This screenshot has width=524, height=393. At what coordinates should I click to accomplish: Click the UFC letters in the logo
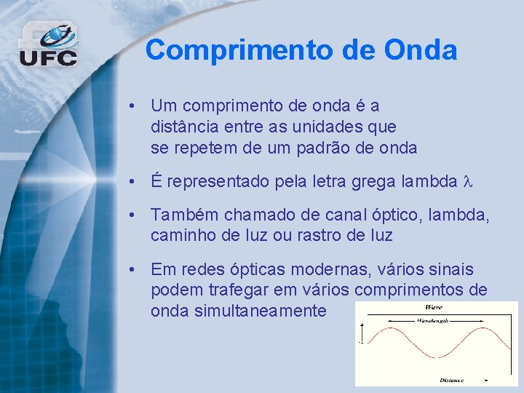click(48, 57)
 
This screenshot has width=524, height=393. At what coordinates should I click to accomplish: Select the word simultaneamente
click(239, 311)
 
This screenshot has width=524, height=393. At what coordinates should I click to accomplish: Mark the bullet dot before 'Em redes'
click(129, 269)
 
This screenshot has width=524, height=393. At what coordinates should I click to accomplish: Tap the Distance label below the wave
click(451, 379)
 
